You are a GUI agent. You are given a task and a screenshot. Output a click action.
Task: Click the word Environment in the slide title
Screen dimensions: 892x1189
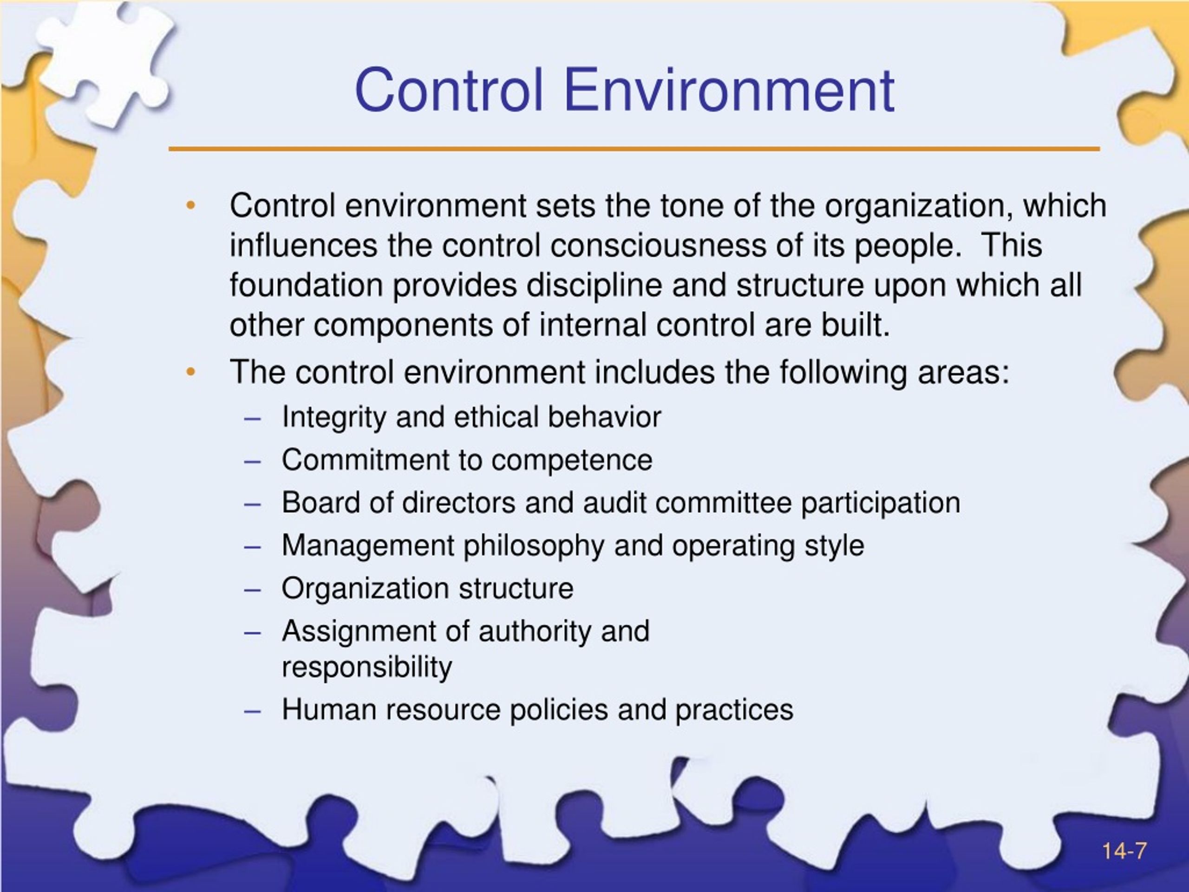728,89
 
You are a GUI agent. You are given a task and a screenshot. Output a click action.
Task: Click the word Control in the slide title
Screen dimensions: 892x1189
449,89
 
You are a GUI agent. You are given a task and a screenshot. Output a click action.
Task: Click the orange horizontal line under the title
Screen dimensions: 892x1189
634,148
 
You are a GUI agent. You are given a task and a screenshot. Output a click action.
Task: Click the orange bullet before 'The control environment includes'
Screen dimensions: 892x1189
191,372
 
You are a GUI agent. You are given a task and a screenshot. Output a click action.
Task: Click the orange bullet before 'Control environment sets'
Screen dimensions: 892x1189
191,205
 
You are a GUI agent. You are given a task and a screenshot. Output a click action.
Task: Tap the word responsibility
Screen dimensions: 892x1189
366,667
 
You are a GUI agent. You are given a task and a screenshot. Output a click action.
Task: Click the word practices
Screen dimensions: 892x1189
734,710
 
